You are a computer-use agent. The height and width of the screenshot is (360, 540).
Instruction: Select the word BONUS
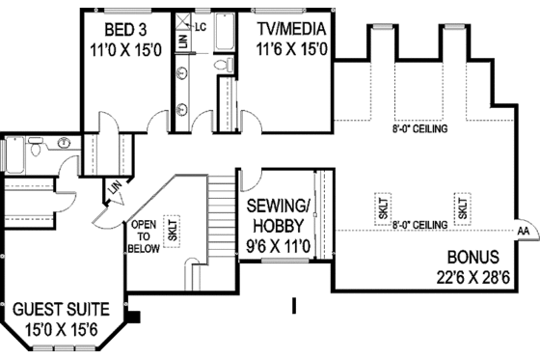point(472,258)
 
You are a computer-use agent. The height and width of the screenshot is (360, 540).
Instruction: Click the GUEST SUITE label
point(60,311)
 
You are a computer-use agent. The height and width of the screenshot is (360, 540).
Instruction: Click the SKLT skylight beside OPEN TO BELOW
point(173,230)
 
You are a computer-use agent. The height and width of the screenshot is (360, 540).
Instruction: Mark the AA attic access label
point(522,232)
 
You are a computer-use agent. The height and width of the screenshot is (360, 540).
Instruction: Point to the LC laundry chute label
point(202,27)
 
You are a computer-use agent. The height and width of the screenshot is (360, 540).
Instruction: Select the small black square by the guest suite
point(134,314)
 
